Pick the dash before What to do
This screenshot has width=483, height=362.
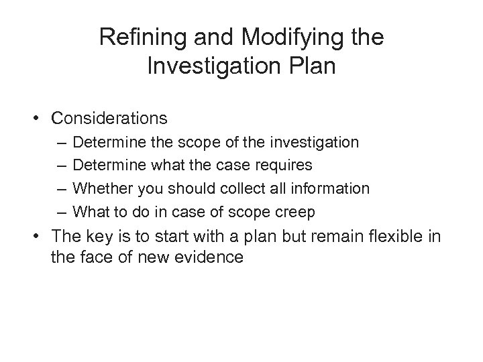62,213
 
